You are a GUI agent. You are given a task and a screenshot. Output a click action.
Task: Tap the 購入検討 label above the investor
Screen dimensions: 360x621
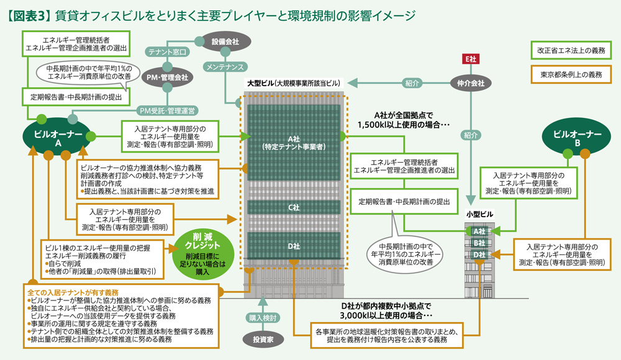coord(265,318)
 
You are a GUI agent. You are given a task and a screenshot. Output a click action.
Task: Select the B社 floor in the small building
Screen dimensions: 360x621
coord(479,243)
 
